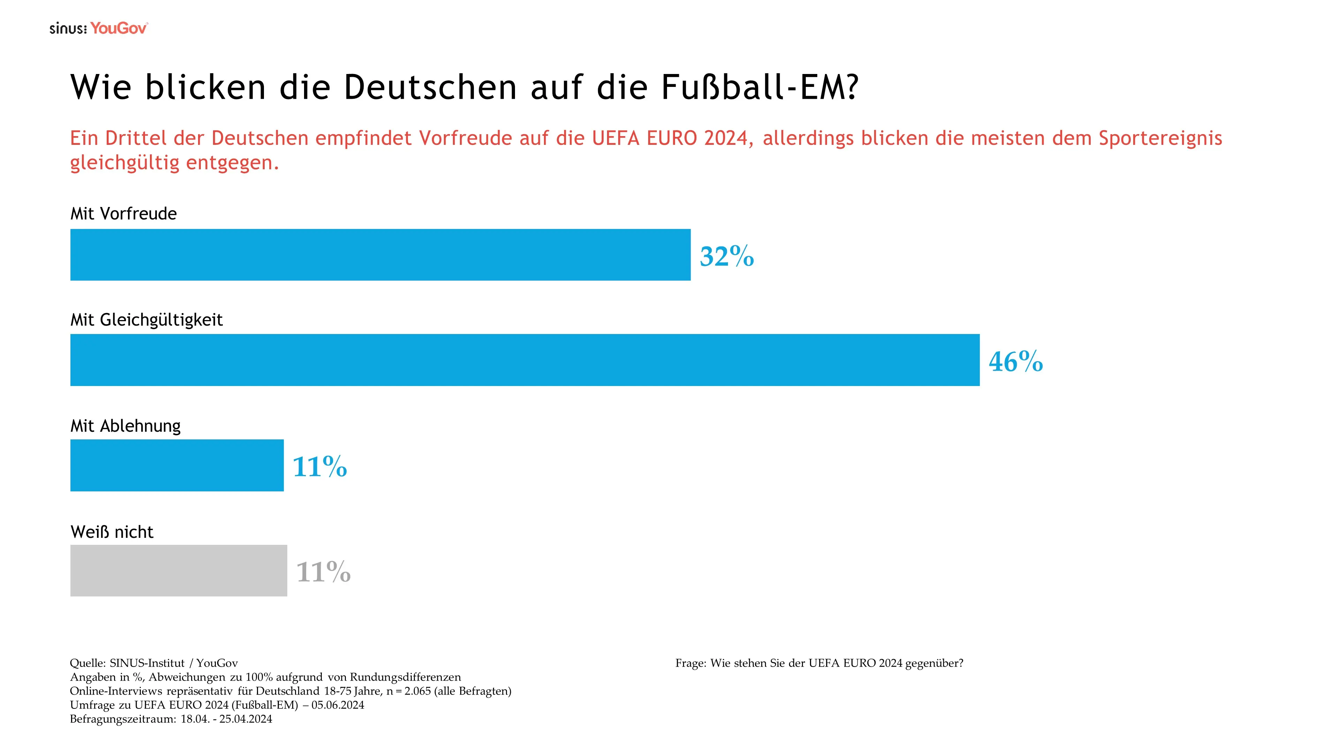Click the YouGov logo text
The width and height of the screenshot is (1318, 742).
(119, 28)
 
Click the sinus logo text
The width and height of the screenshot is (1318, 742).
(68, 29)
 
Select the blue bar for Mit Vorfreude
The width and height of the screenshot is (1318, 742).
(380, 254)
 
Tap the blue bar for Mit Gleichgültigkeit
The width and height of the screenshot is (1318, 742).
(524, 360)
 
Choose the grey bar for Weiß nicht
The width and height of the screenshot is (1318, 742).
(179, 570)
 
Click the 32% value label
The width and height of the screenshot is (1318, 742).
(727, 256)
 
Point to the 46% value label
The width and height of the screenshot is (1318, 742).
(1016, 362)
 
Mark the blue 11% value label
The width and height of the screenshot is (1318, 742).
(320, 467)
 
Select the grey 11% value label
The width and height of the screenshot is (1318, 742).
(323, 572)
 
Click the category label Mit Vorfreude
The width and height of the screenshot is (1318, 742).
(123, 214)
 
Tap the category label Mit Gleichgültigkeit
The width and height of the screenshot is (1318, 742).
(146, 320)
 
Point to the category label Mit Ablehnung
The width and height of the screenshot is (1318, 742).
(126, 426)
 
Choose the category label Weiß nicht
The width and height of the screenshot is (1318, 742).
(112, 532)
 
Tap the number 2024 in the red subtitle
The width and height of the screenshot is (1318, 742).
(726, 138)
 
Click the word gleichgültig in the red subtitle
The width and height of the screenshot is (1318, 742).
(125, 163)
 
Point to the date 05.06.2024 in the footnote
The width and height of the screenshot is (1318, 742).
(338, 705)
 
